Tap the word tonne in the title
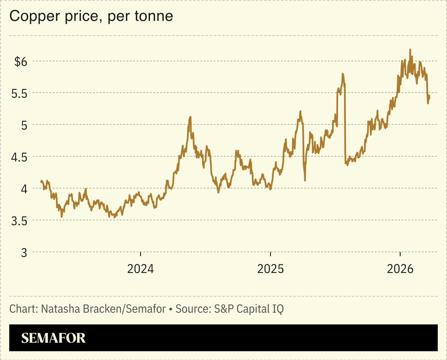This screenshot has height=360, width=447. (156, 17)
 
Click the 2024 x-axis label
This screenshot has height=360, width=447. (140, 268)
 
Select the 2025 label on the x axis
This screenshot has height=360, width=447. (270, 268)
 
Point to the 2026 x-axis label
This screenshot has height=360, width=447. (400, 268)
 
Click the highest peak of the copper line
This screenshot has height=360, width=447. (410, 50)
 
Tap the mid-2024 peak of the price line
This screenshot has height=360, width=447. (190, 117)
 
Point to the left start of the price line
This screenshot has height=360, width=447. (41, 181)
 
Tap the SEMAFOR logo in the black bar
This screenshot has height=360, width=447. (53, 338)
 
